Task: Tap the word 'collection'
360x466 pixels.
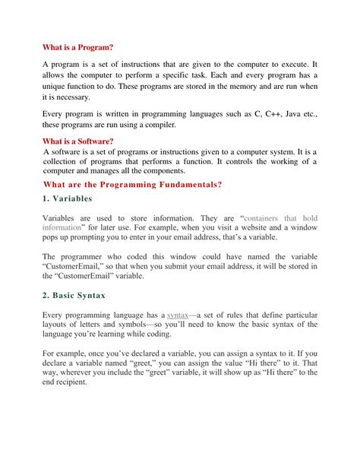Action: (65, 161)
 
